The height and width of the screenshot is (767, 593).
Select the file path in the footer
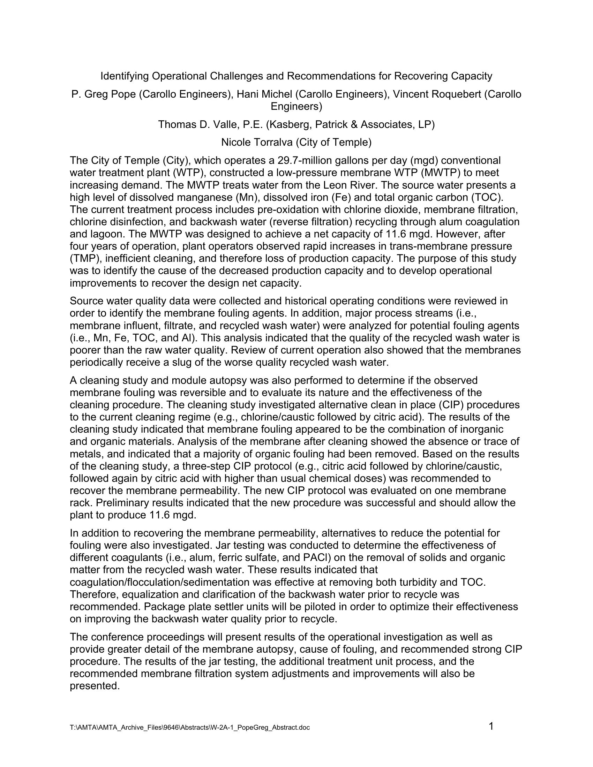point(190,728)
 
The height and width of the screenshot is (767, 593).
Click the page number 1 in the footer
point(491,726)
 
